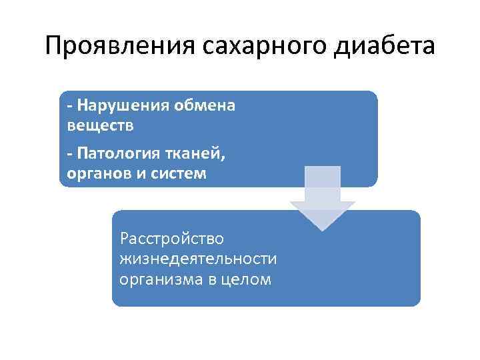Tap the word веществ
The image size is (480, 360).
(x=101, y=125)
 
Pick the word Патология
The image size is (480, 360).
(x=117, y=155)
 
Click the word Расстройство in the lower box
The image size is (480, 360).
(x=171, y=238)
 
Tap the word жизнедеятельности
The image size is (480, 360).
(x=198, y=258)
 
